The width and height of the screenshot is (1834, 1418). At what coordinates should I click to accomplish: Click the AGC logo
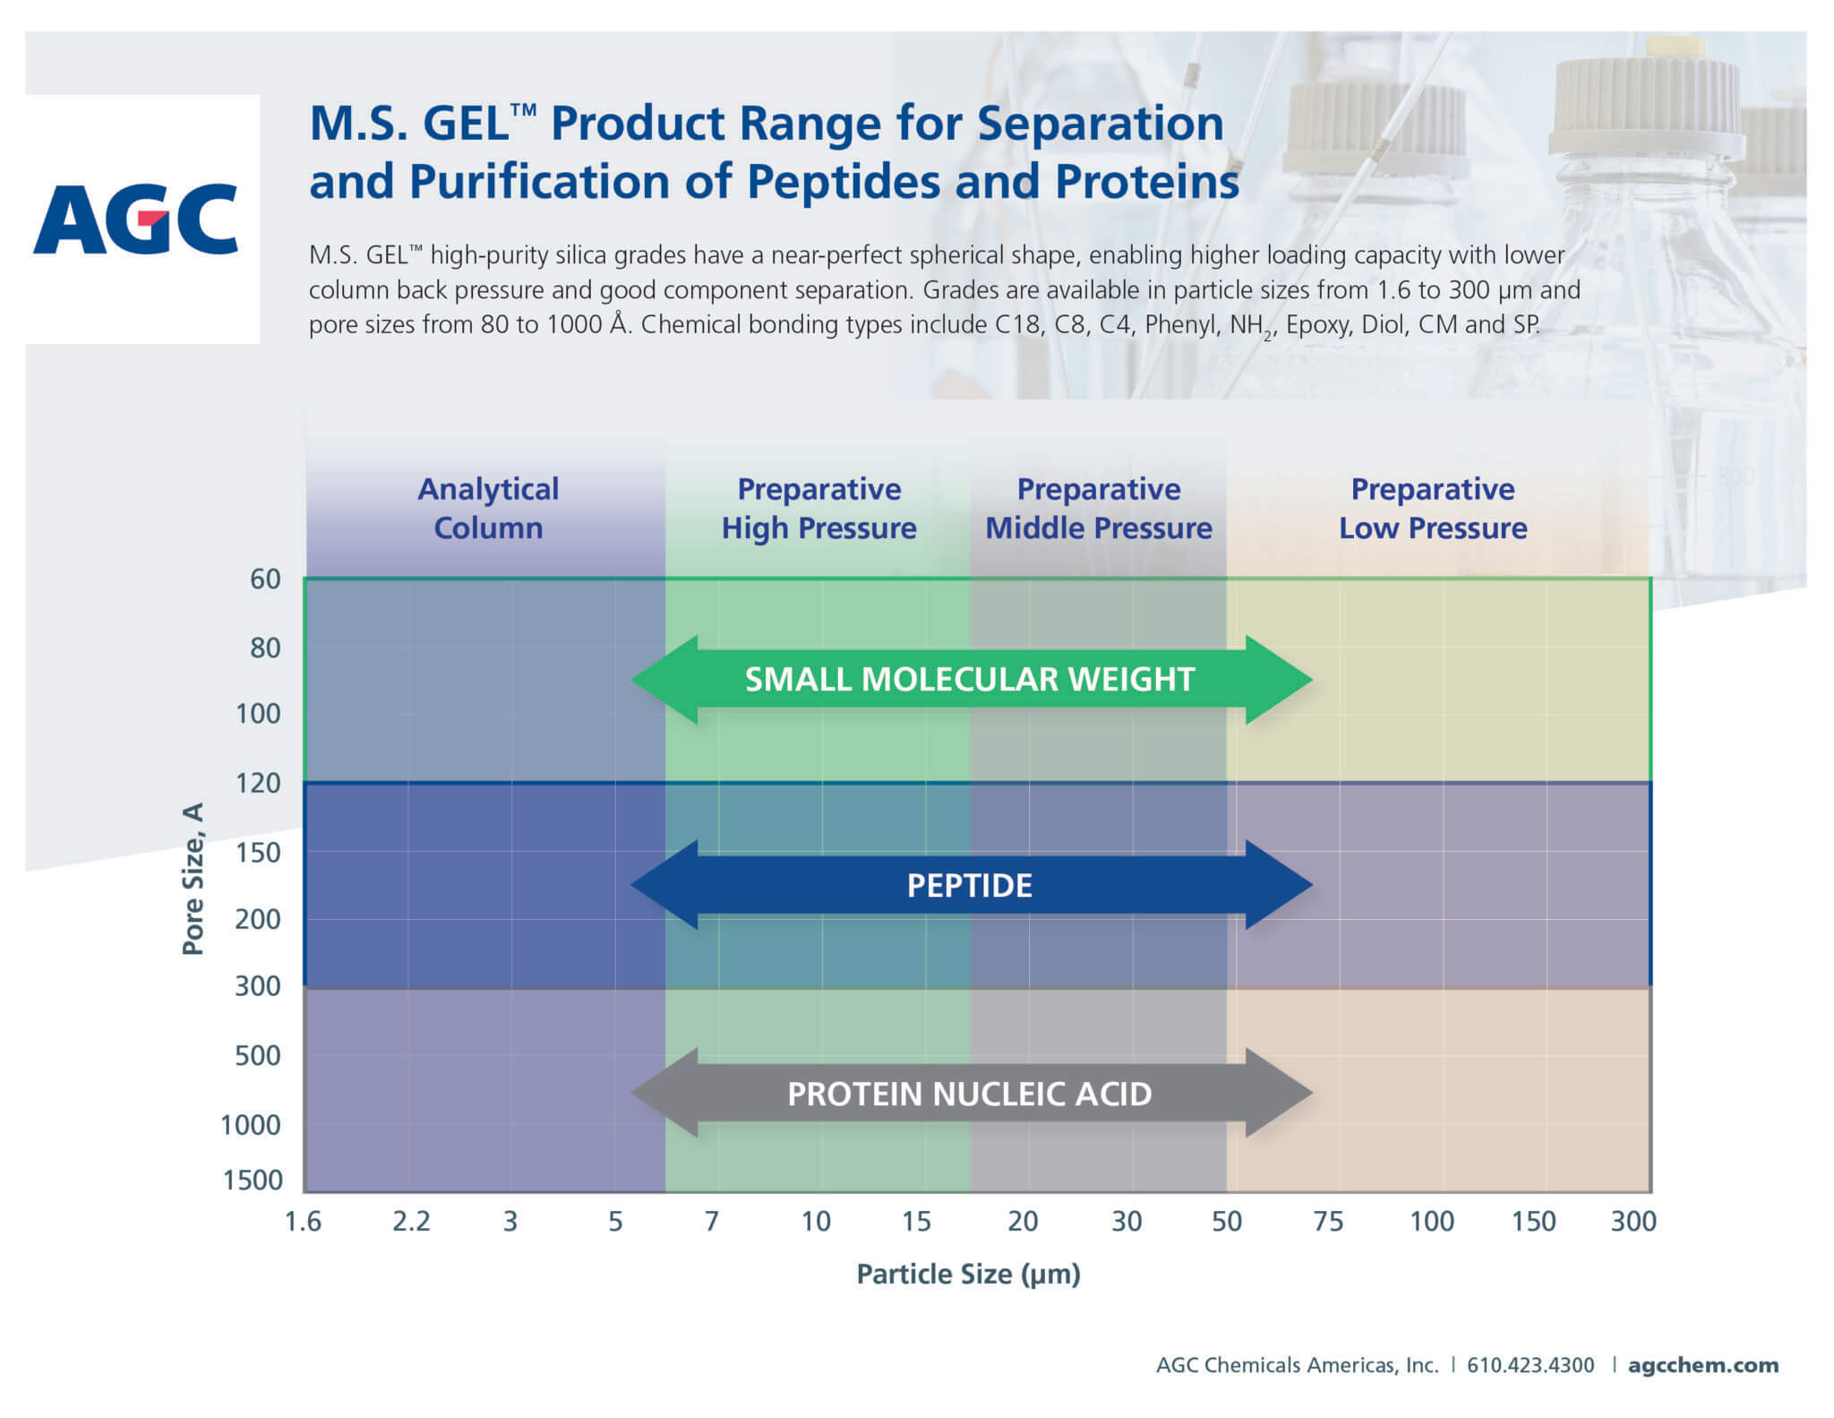(x=136, y=219)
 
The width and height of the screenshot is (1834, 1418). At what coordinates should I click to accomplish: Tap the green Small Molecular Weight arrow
(x=971, y=680)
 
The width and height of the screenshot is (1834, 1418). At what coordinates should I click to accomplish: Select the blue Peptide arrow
(x=971, y=885)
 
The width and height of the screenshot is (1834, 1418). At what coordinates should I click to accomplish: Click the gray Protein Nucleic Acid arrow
(x=971, y=1094)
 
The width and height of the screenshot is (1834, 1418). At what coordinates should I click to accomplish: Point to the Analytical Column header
(x=488, y=508)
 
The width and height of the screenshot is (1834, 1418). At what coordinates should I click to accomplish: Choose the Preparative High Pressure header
(x=818, y=508)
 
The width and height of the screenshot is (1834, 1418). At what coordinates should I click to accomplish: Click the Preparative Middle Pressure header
(x=1099, y=508)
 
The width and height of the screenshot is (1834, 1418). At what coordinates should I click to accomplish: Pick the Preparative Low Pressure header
(x=1433, y=508)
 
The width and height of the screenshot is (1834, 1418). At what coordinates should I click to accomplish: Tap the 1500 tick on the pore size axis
(x=253, y=1180)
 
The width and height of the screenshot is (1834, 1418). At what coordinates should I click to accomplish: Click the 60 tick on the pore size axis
(x=265, y=579)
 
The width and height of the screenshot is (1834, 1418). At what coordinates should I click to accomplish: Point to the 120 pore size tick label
(x=258, y=783)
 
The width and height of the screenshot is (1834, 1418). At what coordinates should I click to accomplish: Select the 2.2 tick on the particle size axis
(x=411, y=1221)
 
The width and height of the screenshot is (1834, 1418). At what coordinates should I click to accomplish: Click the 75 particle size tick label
(x=1328, y=1221)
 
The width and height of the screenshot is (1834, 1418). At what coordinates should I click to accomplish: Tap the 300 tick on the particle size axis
(x=1633, y=1221)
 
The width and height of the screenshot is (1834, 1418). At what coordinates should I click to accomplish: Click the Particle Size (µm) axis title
(x=969, y=1274)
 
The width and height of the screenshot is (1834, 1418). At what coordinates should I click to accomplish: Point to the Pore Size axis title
(x=193, y=879)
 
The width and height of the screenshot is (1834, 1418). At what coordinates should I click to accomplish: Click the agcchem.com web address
(x=1702, y=1365)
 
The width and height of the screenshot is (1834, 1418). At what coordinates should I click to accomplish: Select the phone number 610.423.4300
(x=1530, y=1365)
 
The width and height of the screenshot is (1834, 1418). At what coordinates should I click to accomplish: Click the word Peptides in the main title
(x=845, y=181)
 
